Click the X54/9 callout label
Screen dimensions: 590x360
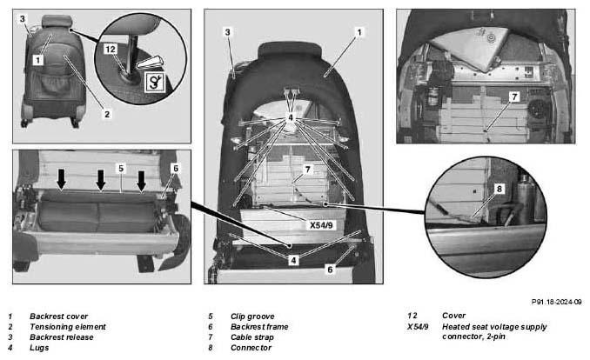[321, 225]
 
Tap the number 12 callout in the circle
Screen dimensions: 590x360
[111, 50]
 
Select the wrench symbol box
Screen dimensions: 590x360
[155, 83]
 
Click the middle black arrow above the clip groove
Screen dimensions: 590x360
[101, 180]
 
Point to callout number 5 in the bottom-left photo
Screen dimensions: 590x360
[121, 169]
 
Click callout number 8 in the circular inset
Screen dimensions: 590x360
[499, 189]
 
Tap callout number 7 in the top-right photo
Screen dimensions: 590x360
[514, 97]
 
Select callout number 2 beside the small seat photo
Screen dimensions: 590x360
[107, 114]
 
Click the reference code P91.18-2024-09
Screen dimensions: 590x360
[557, 302]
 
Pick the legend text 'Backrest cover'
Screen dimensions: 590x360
[58, 317]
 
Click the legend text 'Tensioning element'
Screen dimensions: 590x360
[68, 327]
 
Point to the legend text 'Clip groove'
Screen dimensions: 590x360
[252, 317]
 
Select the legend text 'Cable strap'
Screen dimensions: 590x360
[252, 337]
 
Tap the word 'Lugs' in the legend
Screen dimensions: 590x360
[39, 348]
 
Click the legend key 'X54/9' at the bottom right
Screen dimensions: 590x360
[418, 327]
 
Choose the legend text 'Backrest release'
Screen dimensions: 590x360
[61, 337]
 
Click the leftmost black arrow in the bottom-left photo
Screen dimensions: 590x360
[61, 179]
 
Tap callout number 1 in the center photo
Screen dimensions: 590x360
[359, 32]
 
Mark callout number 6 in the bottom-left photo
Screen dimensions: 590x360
[176, 169]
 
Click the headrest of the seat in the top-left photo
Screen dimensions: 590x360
[57, 21]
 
